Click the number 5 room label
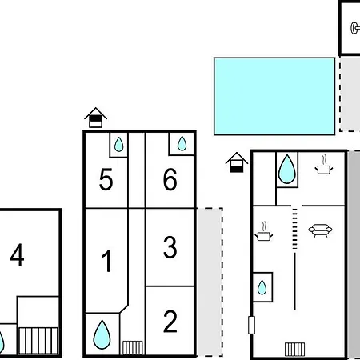pos(106,180)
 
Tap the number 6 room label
pos(170,179)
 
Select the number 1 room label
pos(107,261)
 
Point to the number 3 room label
pos(170,247)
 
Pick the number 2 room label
pos(170,322)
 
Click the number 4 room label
pos(18,254)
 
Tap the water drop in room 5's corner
pos(119,145)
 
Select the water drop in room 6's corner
pos(182,143)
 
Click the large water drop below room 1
pos(102,334)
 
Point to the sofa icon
pos(320,230)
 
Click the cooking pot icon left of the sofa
pos(264,231)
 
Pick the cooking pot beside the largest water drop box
pos(324,165)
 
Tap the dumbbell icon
pos(355,28)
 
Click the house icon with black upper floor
pos(96,118)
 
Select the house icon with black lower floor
pos(237,162)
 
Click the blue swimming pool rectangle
pos(274,96)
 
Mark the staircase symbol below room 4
pos(38,341)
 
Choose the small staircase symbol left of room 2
pos(133,347)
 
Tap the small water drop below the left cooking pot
pos(262,287)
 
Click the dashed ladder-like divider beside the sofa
pos(294,229)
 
